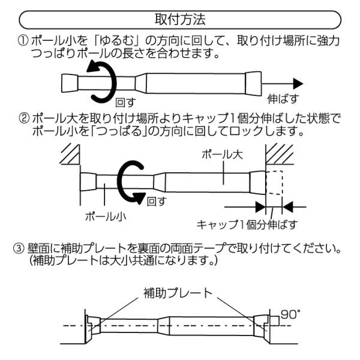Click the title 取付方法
[179, 19]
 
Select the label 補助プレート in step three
[177, 293]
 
